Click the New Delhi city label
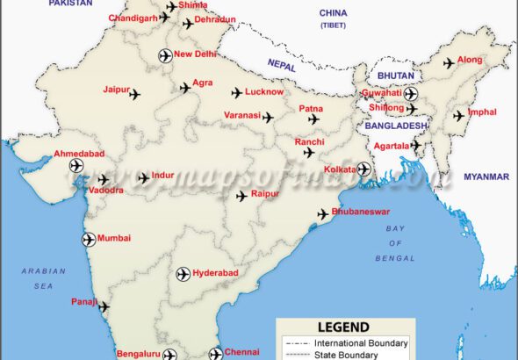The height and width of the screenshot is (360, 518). click(x=195, y=54)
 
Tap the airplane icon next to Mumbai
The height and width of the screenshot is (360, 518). click(x=89, y=239)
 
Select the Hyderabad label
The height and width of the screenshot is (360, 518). click(x=215, y=274)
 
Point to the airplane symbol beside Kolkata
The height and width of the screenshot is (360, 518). click(x=364, y=169)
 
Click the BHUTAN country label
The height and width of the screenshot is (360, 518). click(x=396, y=76)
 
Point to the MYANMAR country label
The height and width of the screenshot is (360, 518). click(x=486, y=176)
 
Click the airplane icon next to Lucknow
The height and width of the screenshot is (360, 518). click(x=237, y=92)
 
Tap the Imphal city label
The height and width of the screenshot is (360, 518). click(x=483, y=112)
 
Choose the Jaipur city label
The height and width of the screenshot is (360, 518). click(x=116, y=90)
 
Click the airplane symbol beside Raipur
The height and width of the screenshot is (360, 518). click(x=241, y=197)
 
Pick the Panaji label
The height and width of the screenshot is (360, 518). click(x=84, y=302)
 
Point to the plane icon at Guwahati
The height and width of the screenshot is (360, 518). click(x=411, y=93)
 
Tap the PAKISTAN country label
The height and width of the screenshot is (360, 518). click(x=69, y=4)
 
